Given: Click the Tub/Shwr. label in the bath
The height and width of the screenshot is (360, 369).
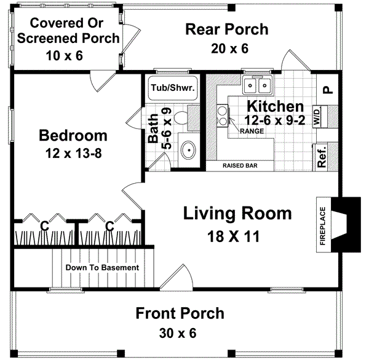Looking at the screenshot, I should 173,88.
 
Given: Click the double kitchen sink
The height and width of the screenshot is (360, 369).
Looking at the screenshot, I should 258,84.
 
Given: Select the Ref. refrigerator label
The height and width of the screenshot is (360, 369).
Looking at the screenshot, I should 322,157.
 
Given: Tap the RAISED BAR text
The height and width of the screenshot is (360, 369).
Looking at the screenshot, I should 240,165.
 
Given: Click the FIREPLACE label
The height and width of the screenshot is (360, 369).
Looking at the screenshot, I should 322,224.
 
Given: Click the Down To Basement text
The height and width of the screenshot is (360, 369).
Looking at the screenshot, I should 103,268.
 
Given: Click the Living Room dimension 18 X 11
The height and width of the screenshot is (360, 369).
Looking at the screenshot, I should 237,236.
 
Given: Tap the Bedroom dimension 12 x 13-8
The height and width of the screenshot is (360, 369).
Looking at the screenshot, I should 73,153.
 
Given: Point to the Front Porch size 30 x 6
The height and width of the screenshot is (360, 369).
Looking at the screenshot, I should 180,334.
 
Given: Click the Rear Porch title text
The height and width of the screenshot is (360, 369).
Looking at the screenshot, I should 226,29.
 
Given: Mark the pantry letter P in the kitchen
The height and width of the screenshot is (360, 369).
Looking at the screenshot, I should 327,88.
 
